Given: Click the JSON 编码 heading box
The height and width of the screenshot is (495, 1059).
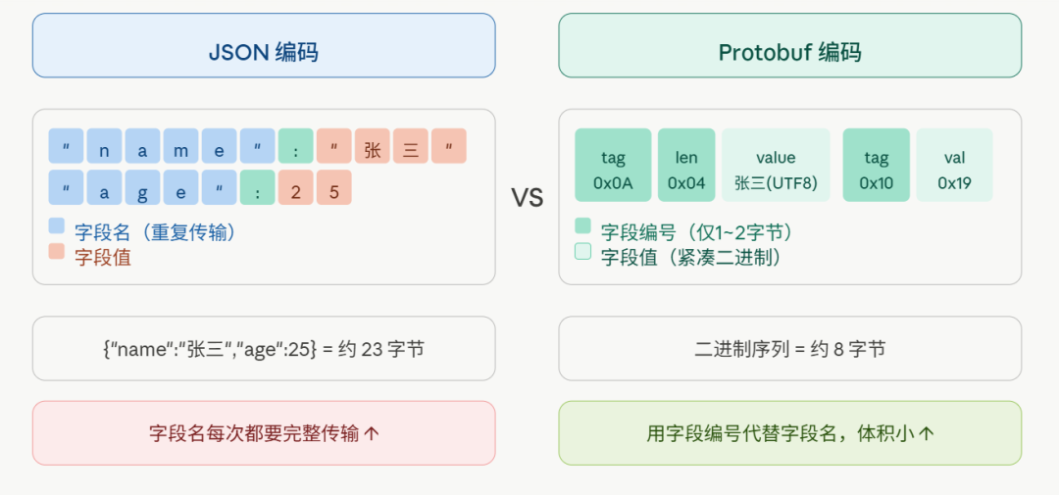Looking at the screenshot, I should (263, 45).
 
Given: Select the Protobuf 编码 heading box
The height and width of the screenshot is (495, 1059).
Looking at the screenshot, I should (789, 45).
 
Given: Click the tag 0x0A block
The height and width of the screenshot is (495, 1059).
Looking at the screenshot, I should (613, 165).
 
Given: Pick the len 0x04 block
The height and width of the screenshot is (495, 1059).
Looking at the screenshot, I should (686, 165).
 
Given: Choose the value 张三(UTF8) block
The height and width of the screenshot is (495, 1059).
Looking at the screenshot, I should (776, 165).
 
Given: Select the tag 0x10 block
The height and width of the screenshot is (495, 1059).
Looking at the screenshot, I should (876, 165).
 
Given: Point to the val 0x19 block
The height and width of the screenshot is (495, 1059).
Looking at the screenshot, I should (954, 165).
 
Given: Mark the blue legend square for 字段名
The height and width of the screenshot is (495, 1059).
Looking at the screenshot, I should (57, 226).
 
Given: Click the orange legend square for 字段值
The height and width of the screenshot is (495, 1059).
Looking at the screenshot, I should (57, 252).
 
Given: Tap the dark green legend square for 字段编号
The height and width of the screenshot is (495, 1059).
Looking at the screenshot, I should (583, 226).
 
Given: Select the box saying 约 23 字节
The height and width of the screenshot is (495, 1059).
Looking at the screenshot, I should (263, 348).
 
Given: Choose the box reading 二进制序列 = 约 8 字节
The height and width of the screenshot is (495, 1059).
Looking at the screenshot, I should (789, 348).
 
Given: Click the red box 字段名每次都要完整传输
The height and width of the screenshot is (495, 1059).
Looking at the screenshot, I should (263, 432).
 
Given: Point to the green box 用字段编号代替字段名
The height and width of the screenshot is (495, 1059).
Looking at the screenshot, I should (789, 432).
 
